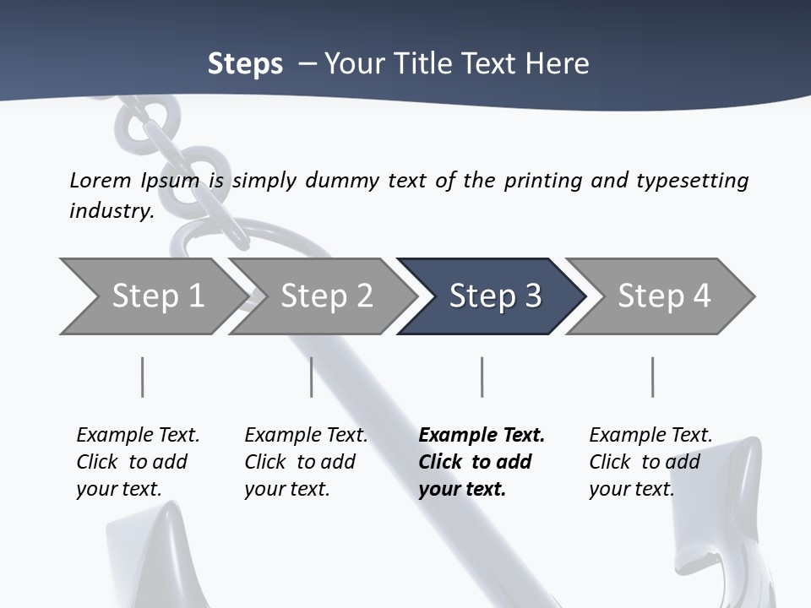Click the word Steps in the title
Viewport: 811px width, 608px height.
click(245, 64)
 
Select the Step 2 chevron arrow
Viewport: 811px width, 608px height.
click(326, 296)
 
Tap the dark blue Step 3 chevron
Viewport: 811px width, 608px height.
click(494, 296)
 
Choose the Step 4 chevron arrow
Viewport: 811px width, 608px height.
click(663, 296)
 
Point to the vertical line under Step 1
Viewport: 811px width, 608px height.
click(142, 377)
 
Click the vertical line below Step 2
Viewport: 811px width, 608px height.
click(312, 377)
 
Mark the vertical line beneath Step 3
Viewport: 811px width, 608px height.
click(482, 377)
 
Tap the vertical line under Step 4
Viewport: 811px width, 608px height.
click(652, 377)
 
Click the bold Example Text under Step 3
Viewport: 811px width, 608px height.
click(482, 436)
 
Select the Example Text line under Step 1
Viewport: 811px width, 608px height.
click(138, 436)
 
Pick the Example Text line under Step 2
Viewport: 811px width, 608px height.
click(306, 436)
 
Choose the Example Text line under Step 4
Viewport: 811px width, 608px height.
click(650, 436)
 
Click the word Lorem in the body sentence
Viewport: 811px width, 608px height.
click(101, 180)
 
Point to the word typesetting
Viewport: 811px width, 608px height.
click(692, 180)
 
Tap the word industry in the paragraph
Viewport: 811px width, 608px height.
click(112, 210)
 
